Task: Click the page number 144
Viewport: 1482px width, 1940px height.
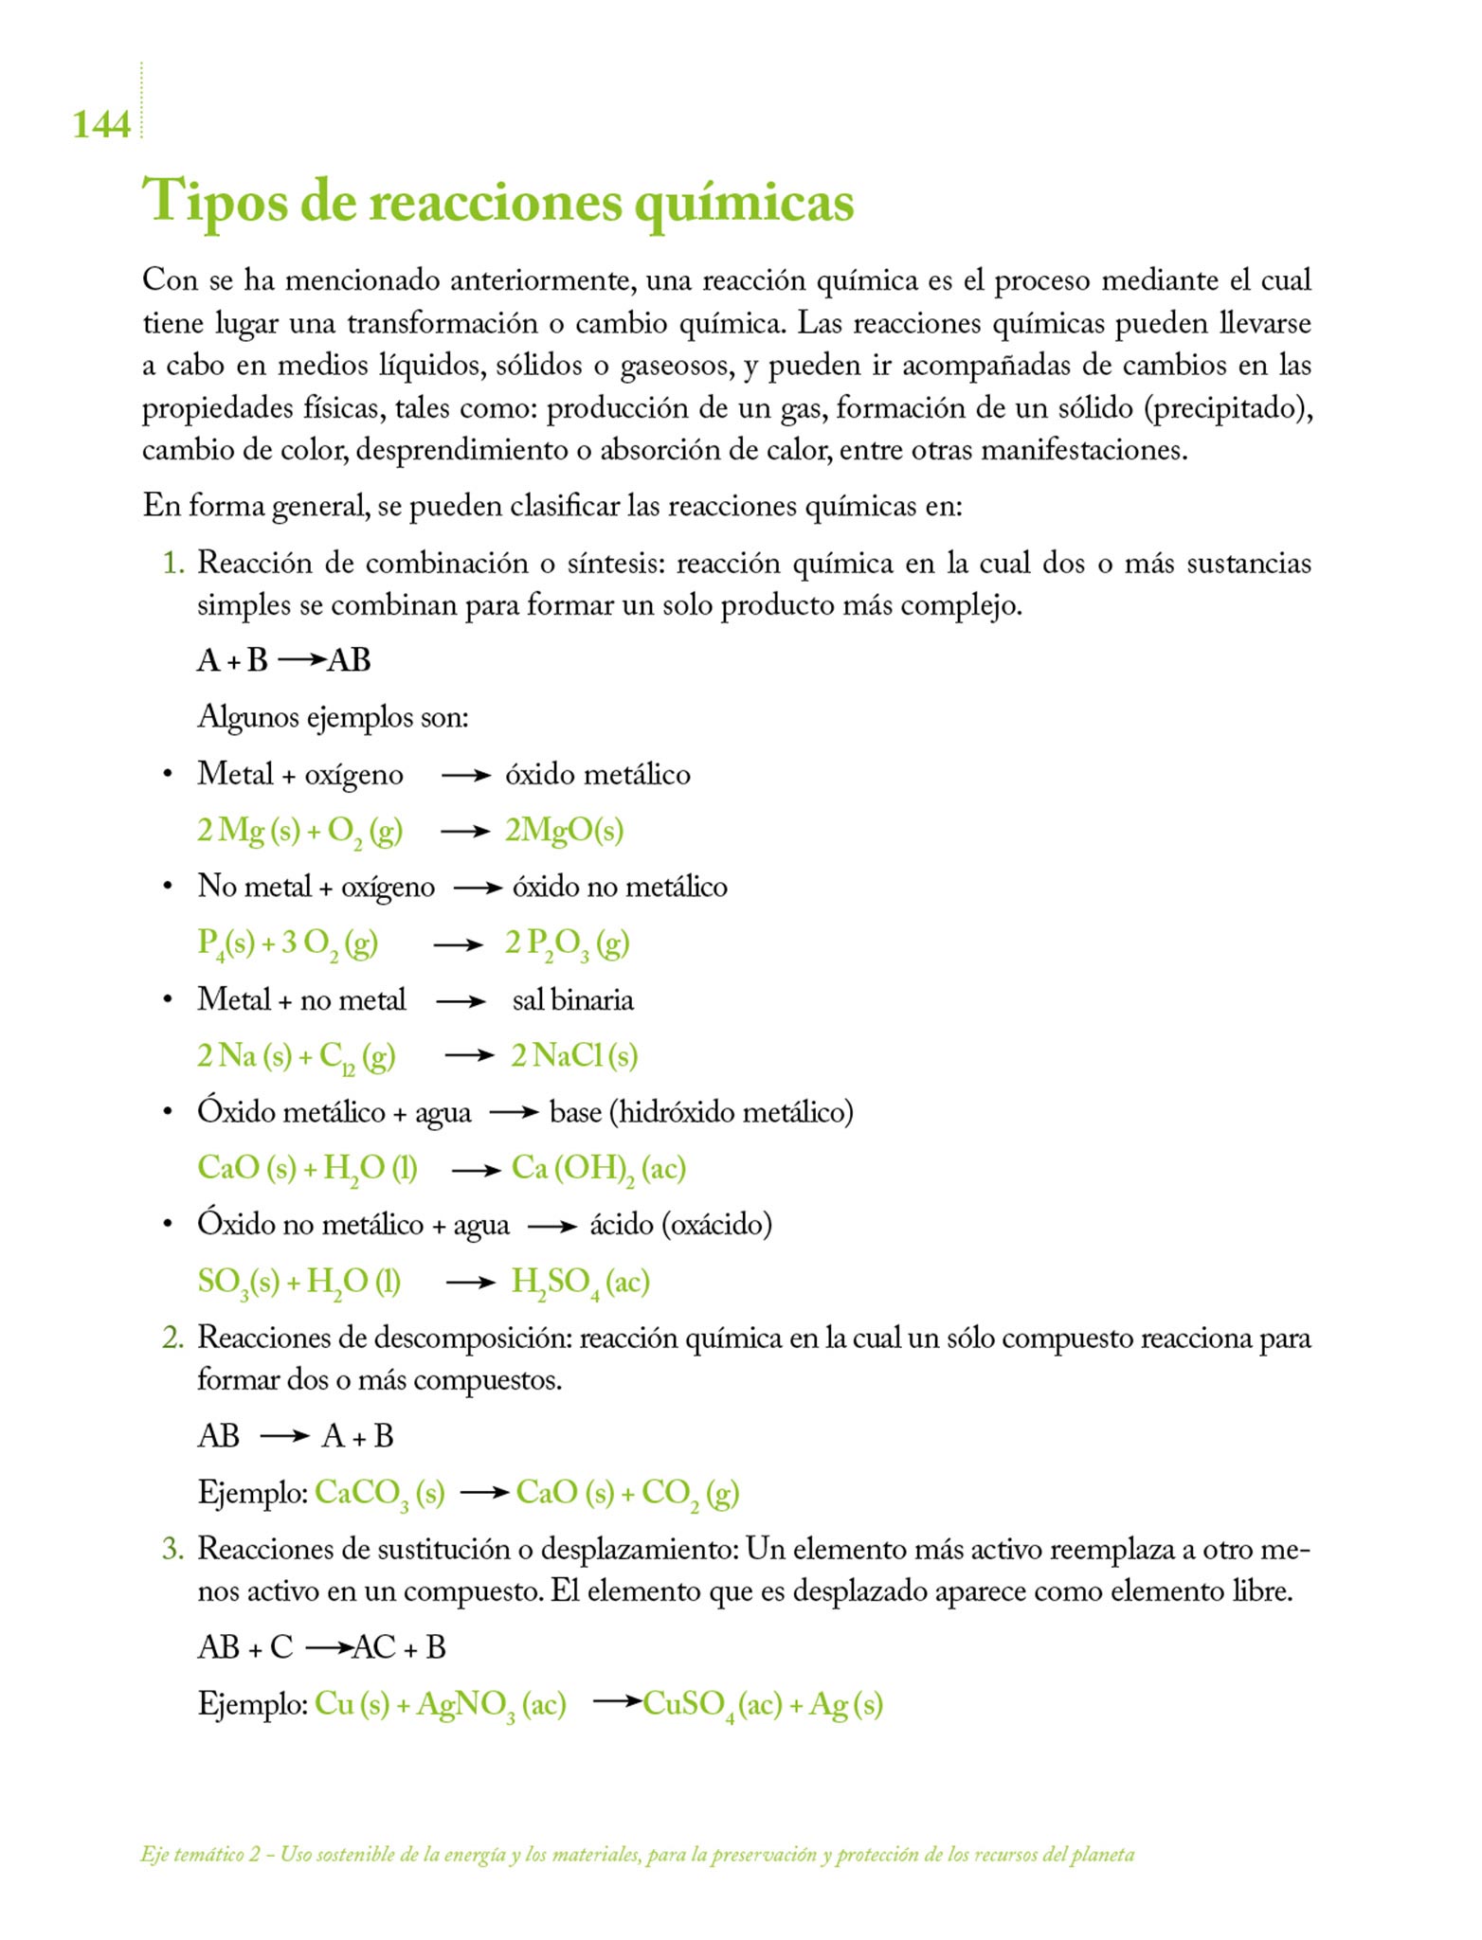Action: (x=100, y=124)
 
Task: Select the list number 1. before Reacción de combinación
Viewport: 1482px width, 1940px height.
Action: (x=172, y=564)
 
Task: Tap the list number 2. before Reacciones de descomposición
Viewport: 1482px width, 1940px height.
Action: (x=172, y=1338)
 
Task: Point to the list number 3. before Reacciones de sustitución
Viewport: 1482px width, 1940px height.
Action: (x=172, y=1549)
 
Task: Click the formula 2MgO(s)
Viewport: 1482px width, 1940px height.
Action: (x=564, y=831)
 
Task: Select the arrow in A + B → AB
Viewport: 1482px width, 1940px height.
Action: (x=302, y=659)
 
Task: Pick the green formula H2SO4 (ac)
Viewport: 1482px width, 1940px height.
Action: (x=580, y=1282)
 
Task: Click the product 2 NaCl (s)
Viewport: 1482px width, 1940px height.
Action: (x=574, y=1055)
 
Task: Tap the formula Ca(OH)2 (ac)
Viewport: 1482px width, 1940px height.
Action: (x=598, y=1169)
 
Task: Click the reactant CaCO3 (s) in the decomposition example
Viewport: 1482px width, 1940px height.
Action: (x=379, y=1493)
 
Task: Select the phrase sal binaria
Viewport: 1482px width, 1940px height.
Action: (x=572, y=1000)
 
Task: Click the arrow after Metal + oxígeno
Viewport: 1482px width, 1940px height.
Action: (x=465, y=776)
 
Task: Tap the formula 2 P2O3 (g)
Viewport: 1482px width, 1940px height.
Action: (x=567, y=943)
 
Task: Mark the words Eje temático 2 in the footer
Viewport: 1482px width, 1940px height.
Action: (x=200, y=1854)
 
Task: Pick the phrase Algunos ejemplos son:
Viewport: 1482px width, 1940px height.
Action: (x=333, y=717)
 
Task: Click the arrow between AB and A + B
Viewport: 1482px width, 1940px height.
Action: (x=284, y=1437)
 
